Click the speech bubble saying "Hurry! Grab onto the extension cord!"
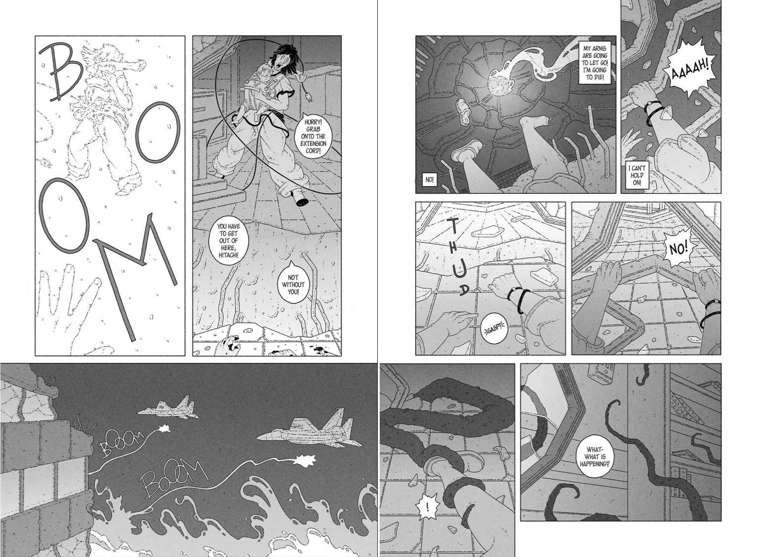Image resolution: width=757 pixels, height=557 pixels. tap(313, 136)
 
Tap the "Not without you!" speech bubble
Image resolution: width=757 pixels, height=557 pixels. tap(293, 284)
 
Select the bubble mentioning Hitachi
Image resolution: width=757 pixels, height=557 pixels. tap(228, 240)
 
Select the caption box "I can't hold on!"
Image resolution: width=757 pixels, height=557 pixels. tap(637, 175)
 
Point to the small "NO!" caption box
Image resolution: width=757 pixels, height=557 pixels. tap(429, 180)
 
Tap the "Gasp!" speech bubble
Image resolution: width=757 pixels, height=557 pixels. tap(494, 328)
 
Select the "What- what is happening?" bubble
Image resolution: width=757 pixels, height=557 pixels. tap(595, 457)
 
